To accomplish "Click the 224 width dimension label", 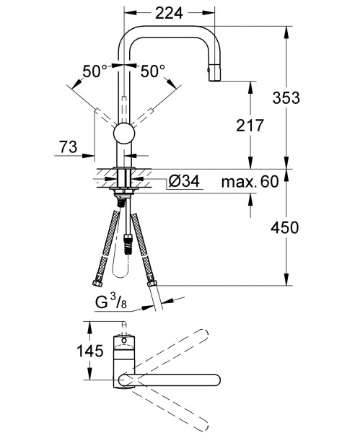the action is tap(169, 13).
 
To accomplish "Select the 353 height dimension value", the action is tap(286, 97).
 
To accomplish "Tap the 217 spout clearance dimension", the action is tap(250, 126).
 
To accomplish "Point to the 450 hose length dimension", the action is tap(285, 227).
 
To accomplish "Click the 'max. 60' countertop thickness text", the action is tap(250, 181).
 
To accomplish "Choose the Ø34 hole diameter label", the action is tap(184, 181).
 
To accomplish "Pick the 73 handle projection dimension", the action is tap(69, 146).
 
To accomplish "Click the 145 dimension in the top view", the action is tap(90, 351).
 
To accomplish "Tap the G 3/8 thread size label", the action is tap(111, 302).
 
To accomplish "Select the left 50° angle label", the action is tap(95, 71).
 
